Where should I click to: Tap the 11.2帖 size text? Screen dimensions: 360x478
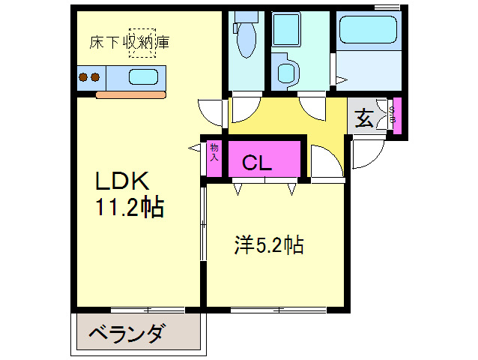pos(129,207)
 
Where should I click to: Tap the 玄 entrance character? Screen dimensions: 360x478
pos(364,118)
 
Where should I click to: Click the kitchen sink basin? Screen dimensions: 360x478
pos(143,76)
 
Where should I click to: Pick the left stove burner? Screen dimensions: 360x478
pos(84,76)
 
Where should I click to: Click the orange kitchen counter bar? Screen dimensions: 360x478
pos(131,94)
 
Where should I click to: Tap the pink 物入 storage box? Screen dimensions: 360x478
pos(214,158)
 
